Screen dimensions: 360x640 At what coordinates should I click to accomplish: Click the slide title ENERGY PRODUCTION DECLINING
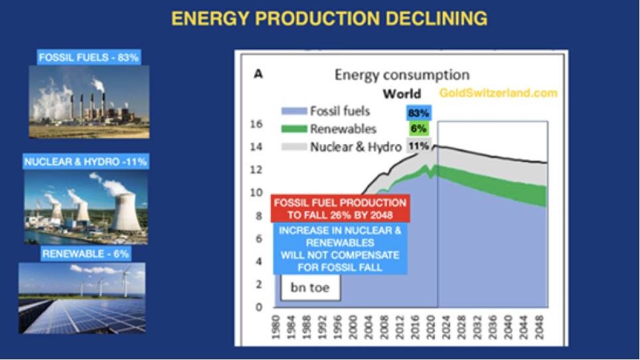pos(329,19)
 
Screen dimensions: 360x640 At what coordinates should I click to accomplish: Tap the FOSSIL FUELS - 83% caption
pos(88,58)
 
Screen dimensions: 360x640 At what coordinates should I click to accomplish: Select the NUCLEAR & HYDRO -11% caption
pos(86,161)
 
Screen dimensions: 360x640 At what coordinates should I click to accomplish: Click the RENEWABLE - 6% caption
pos(86,254)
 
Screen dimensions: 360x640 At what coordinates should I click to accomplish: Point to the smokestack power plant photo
pos(89,102)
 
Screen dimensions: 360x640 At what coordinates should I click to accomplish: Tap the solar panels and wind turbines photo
pos(82,297)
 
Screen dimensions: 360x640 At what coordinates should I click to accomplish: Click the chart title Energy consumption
pos(402,74)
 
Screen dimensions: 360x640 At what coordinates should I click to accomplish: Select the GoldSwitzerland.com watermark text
pos(498,93)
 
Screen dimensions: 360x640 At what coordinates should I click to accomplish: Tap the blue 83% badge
pos(418,113)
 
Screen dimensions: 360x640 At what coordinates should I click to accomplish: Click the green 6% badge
pos(418,129)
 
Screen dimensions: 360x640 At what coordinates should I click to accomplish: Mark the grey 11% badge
pos(418,145)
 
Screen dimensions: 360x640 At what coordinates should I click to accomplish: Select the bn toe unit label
pos(309,288)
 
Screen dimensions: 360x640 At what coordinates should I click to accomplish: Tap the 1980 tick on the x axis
pos(274,325)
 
